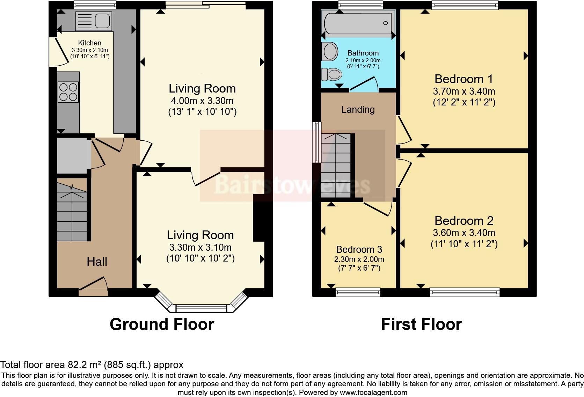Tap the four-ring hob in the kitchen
pos(68,92)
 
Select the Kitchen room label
pos(90,43)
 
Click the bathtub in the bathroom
pos(358,23)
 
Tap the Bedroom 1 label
pos(463,79)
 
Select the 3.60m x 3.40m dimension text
pos(464,233)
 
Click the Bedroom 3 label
pos(359,249)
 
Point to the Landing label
pos(358,110)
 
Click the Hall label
pos(97,262)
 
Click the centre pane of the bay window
pos(201,308)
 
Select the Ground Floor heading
pos(162,324)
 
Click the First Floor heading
pos(421,324)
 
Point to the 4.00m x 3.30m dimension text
pos(202,101)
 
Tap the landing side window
pos(316,142)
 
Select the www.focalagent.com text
pos(373,392)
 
